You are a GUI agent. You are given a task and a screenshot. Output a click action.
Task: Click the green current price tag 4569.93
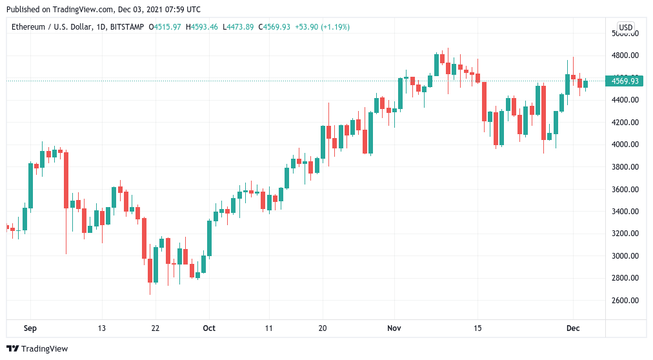point(625,81)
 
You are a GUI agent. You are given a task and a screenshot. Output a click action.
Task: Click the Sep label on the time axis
point(30,328)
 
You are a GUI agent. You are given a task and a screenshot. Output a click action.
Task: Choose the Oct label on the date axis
point(208,328)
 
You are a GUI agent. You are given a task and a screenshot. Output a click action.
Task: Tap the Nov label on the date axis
point(394,328)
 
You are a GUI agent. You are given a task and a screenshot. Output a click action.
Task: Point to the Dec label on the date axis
point(573,328)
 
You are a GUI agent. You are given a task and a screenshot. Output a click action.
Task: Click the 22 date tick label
point(155,328)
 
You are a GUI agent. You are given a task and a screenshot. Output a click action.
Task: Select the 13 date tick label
point(101,328)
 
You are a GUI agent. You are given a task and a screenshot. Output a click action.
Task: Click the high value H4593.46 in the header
point(203,26)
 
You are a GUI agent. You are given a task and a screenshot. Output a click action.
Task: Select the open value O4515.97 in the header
point(166,26)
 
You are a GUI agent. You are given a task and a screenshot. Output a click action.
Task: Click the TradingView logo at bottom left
point(39,349)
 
